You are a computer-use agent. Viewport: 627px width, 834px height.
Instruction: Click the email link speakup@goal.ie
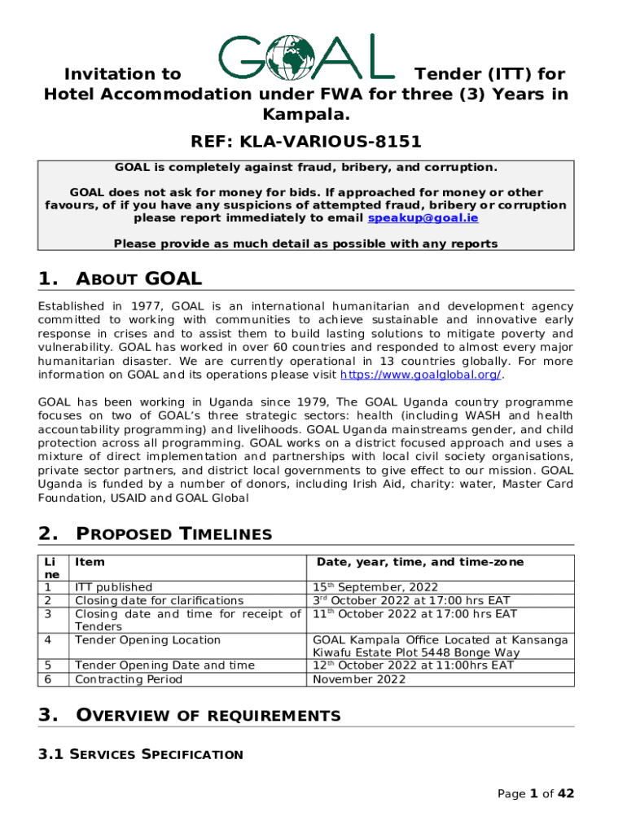(x=423, y=218)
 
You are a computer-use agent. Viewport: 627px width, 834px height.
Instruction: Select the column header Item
(x=90, y=562)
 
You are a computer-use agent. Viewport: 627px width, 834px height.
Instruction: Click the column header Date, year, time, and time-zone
(x=420, y=562)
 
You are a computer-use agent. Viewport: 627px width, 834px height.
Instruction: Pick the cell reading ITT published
(x=113, y=586)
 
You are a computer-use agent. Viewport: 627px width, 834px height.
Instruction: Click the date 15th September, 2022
(x=375, y=586)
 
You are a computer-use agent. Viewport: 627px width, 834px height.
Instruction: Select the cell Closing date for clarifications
(x=159, y=600)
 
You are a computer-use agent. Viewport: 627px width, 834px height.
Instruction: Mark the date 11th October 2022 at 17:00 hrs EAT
(x=414, y=613)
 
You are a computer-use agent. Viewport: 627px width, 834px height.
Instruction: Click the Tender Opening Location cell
(x=147, y=640)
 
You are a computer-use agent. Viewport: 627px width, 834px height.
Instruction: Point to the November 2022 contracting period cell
(x=359, y=679)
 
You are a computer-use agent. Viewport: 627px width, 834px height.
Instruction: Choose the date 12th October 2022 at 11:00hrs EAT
(x=414, y=665)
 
